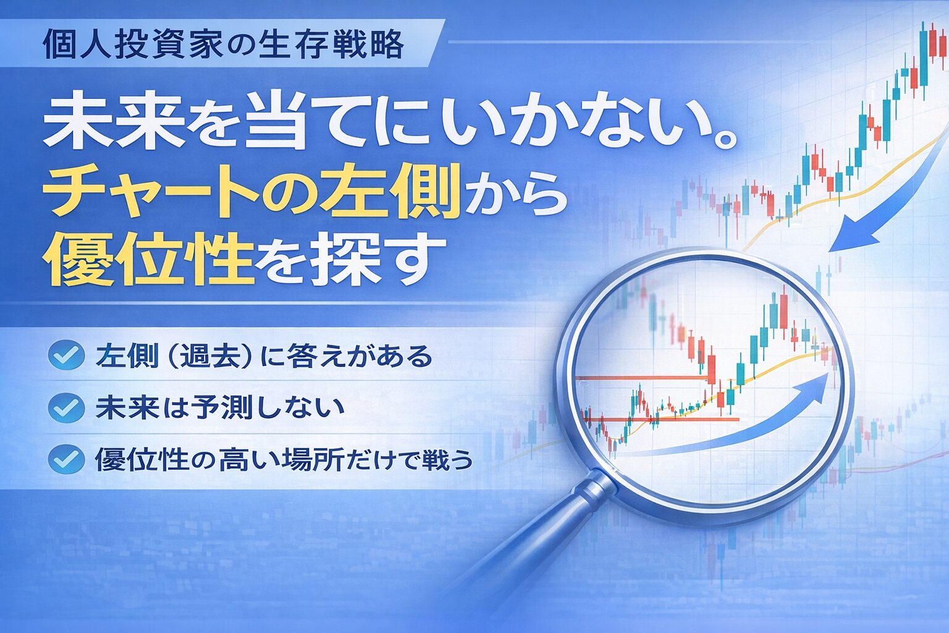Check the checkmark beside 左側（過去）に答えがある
pyautogui.click(x=66, y=356)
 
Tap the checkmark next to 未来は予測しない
pyautogui.click(x=66, y=408)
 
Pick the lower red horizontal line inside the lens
pyautogui.click(x=667, y=419)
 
